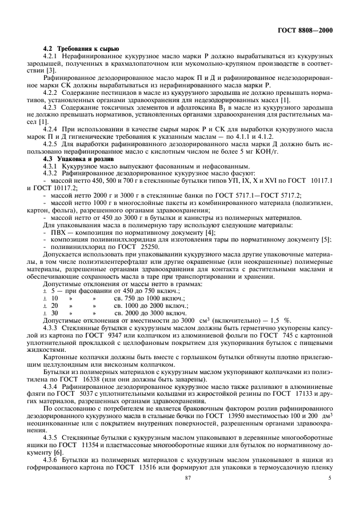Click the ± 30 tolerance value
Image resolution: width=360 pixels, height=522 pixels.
pos(51,313)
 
